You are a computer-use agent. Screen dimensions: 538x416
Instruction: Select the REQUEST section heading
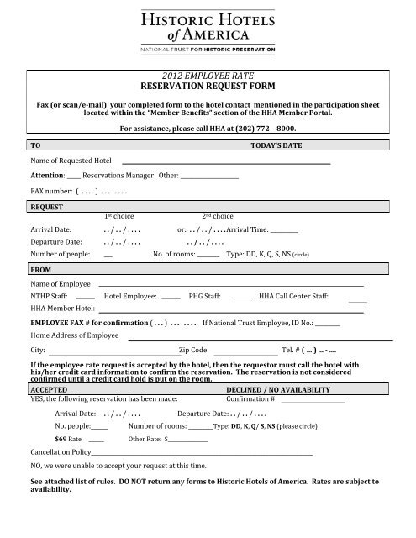[x=46, y=205]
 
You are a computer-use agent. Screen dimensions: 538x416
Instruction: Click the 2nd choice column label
[x=217, y=216]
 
